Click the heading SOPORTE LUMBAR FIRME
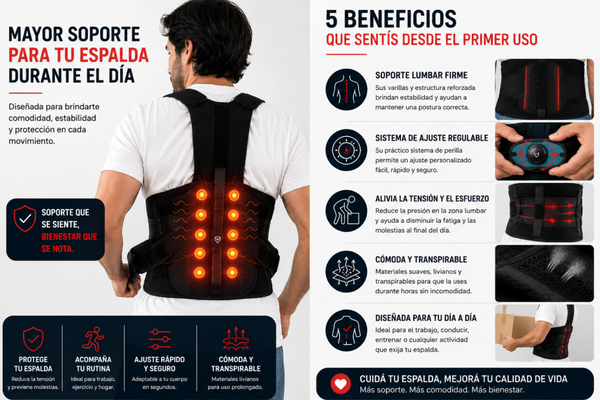click(421, 75)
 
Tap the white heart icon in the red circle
click(341, 384)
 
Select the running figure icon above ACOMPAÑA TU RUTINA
click(93, 339)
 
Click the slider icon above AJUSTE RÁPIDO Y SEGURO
click(160, 339)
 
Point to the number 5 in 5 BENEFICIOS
click(332, 19)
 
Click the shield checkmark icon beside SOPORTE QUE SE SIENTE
click(25, 218)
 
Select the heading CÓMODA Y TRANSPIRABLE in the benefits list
click(421, 259)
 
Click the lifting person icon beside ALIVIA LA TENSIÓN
click(346, 211)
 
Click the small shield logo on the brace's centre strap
click(218, 239)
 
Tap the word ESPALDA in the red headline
click(114, 55)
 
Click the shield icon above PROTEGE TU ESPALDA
click(33, 339)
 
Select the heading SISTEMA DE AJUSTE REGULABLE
click(432, 138)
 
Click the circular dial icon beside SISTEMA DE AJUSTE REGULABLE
click(346, 150)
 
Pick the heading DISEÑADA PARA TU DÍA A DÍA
click(426, 318)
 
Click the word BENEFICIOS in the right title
click(400, 19)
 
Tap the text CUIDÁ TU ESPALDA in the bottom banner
click(400, 379)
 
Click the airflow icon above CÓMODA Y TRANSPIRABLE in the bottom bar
click(236, 339)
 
